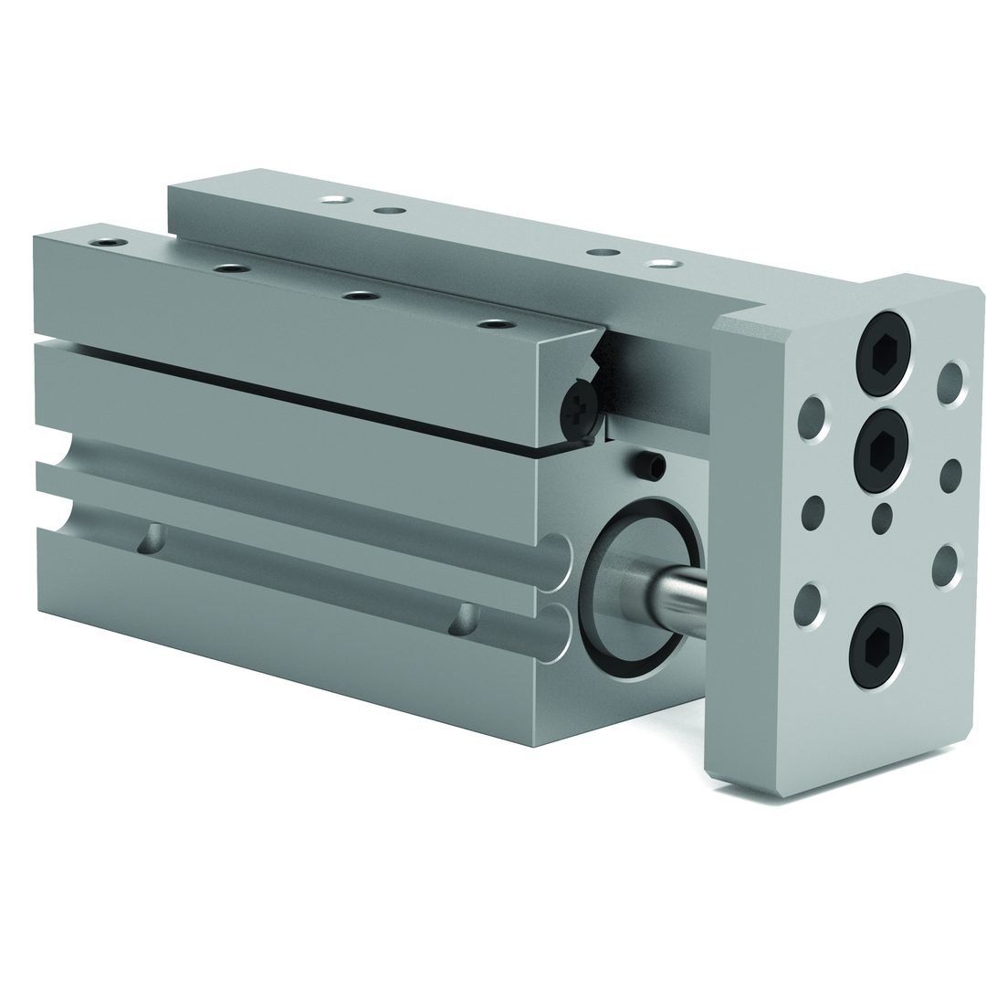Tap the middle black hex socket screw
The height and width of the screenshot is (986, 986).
881,449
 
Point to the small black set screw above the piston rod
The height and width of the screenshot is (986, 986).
652,467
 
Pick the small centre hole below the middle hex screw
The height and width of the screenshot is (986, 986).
881,518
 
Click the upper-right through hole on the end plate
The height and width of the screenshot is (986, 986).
950,383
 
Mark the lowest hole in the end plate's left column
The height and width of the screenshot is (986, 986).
808,605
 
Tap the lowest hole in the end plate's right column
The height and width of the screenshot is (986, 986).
946,566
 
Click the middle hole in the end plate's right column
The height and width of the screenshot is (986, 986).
950,475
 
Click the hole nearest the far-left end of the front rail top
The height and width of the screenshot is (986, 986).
108,243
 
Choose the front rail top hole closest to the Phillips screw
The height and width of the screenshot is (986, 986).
495,324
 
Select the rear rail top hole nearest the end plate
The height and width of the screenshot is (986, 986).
664,264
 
